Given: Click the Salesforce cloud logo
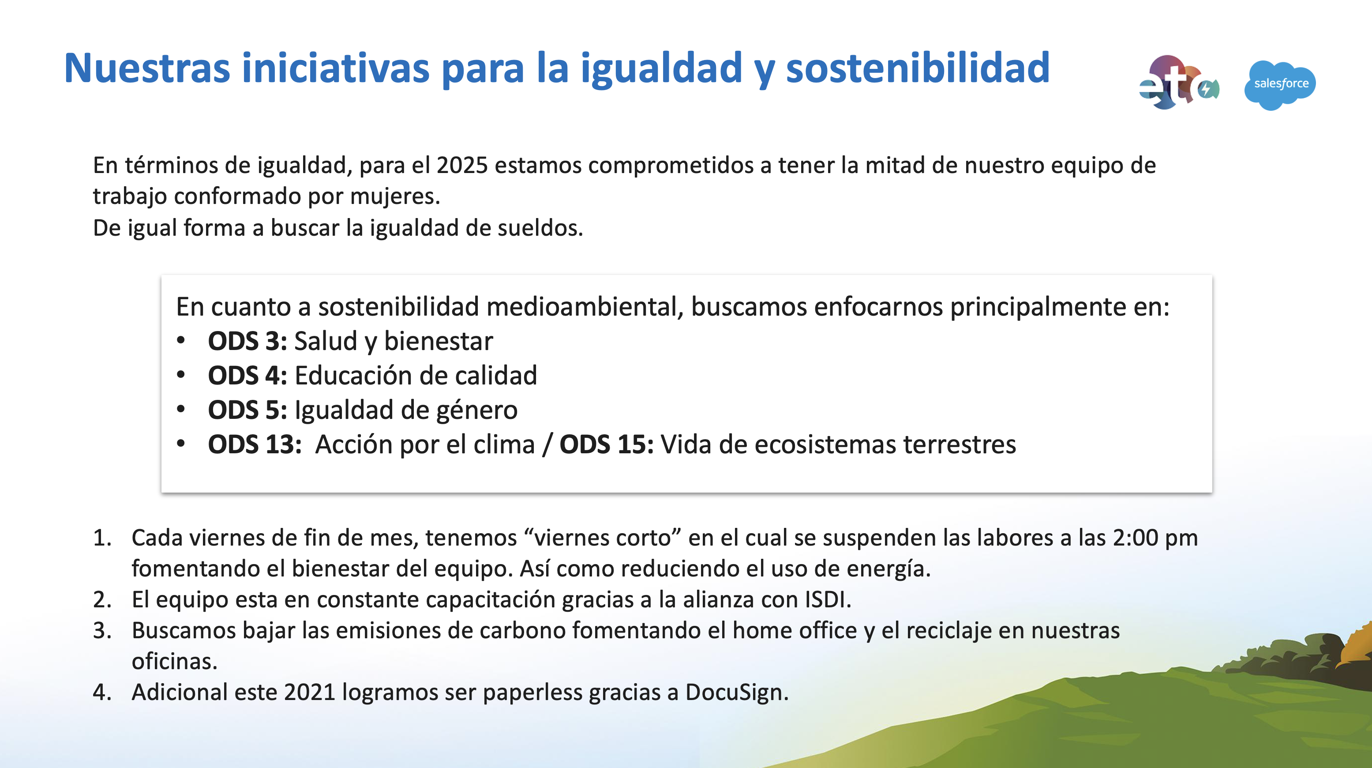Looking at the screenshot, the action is point(1280,85).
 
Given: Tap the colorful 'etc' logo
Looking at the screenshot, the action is point(1179,83).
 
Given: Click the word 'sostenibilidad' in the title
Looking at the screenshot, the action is point(918,68).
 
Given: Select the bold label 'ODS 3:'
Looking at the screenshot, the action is point(247,341).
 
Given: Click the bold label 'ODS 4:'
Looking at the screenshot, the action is point(247,376).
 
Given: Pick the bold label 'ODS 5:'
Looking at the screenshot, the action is point(247,410).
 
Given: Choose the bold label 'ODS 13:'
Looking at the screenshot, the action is point(255,444).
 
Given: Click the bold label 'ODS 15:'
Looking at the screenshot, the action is point(607,444).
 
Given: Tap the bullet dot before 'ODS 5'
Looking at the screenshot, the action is point(181,409).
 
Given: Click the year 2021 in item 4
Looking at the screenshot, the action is point(309,693).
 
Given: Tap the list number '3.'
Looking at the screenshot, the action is point(102,630).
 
